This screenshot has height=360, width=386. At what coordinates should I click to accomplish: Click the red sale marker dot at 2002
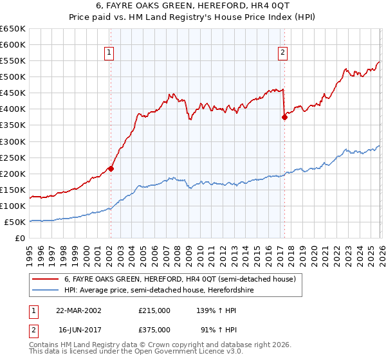click(111, 168)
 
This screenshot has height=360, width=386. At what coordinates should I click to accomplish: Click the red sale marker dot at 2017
click(284, 117)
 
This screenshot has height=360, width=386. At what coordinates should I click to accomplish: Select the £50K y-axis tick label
click(15, 222)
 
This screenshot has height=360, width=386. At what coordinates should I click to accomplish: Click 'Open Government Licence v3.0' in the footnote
click(185, 353)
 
